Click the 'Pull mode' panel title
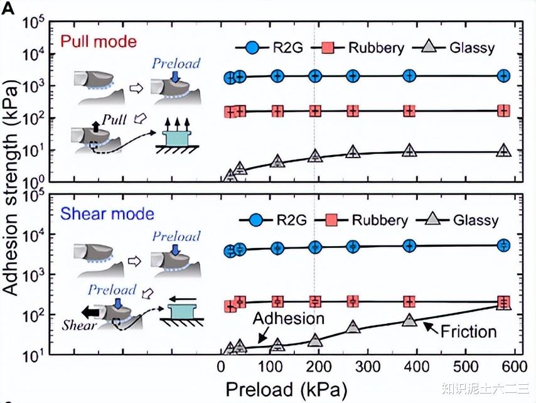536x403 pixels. pyautogui.click(x=98, y=43)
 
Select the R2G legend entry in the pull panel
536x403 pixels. pyautogui.click(x=271, y=48)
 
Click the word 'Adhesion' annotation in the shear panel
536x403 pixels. pyautogui.click(x=289, y=319)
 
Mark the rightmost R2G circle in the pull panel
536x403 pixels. pyautogui.click(x=503, y=76)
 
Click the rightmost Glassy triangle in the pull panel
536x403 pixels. pyautogui.click(x=503, y=151)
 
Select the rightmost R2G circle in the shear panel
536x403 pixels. pyautogui.click(x=503, y=245)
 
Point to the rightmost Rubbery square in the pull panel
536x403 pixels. pyautogui.click(x=503, y=111)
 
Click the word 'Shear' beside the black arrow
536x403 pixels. pyautogui.click(x=79, y=325)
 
